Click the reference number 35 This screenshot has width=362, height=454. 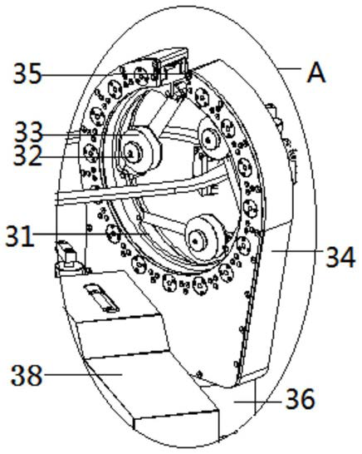coord(27,74)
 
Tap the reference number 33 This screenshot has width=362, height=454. coord(29,133)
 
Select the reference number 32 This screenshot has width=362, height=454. coord(27,155)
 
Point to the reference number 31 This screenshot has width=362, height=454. coord(20,235)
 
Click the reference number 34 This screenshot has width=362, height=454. coord(340,257)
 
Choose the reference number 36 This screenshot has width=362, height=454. coord(300,398)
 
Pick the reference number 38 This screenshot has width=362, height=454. coord(27,375)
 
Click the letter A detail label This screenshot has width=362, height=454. coord(316,73)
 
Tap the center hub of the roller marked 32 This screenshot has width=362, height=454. coord(131,154)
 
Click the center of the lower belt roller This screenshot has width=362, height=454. coord(195,241)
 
